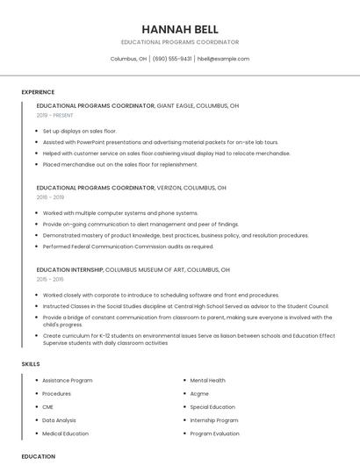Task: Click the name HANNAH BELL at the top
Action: coord(179,29)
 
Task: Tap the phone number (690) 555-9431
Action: coord(172,59)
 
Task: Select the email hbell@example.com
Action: coord(223,59)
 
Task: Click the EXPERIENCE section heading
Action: coord(38,92)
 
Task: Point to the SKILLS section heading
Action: coord(31,363)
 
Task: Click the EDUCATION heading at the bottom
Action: coord(39,456)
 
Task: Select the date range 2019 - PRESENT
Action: coord(54,115)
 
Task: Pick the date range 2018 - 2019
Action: coord(50,197)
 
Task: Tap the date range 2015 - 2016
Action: coord(50,279)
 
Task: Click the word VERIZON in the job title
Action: coord(169,188)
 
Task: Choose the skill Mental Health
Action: coord(207,381)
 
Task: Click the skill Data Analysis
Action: coord(59,420)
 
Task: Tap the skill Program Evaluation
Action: coord(214,433)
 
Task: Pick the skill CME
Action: coord(48,407)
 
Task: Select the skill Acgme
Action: coord(199,394)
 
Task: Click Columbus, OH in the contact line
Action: coord(128,59)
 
